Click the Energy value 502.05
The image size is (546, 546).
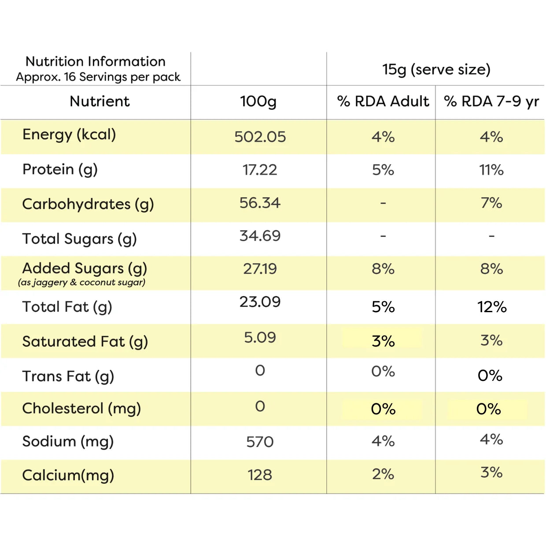point(260,137)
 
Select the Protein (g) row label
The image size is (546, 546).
point(60,170)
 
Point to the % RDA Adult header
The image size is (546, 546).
point(383,101)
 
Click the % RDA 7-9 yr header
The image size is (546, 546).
point(491,102)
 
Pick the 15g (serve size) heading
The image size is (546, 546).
point(436,70)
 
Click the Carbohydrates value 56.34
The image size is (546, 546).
point(260,203)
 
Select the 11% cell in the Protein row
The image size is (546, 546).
point(491,170)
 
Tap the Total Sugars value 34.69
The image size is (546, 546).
point(260,236)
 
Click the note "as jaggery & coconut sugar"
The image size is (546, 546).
point(81,283)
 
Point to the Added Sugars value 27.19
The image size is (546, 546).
point(260,269)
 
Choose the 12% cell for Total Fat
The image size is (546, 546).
point(492,307)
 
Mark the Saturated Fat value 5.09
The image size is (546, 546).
point(260,337)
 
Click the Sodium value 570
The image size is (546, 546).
point(260,442)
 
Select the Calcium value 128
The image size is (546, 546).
point(260,475)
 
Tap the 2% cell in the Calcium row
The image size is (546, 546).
point(383,474)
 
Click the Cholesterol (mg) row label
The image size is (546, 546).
point(81,409)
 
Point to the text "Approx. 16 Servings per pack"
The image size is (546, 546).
point(98,77)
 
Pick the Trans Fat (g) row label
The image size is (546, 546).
point(68,377)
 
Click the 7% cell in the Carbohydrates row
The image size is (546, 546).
point(491,203)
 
